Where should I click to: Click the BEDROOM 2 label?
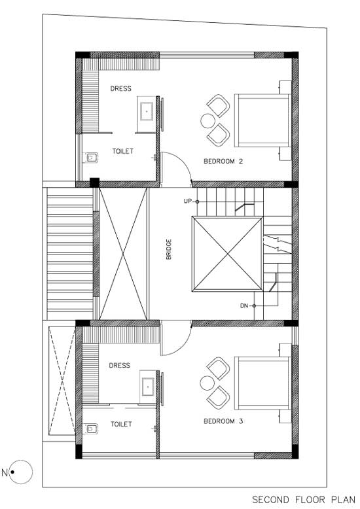(x=223, y=161)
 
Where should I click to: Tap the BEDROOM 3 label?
(x=223, y=421)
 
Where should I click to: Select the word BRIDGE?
(x=169, y=249)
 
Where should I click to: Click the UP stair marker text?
(x=188, y=202)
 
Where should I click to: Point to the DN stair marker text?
(x=244, y=306)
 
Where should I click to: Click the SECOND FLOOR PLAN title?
(x=304, y=500)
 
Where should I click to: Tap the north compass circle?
(x=21, y=472)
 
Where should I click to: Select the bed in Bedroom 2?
(x=262, y=120)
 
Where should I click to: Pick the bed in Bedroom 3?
(x=262, y=383)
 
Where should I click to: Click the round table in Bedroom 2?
(x=207, y=121)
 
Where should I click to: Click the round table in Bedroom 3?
(x=207, y=383)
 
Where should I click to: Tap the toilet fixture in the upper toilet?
(x=90, y=158)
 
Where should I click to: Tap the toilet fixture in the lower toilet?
(x=90, y=429)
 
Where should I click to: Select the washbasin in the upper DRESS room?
(x=147, y=112)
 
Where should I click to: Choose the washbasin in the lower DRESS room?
(x=148, y=387)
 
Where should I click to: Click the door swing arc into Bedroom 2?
(x=183, y=162)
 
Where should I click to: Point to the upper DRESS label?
(x=120, y=88)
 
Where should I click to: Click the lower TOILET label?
(x=121, y=424)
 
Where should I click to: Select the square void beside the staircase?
(x=227, y=254)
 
